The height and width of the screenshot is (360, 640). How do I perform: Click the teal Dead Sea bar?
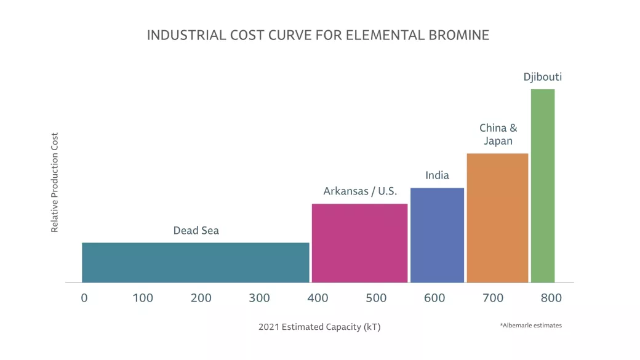tap(195, 262)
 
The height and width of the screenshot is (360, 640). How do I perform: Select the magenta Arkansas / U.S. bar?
tap(359, 243)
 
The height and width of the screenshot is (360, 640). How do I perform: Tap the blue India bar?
tap(437, 235)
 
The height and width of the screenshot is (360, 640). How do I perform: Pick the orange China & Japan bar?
tap(497, 218)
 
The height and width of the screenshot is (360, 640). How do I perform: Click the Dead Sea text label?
tap(196, 231)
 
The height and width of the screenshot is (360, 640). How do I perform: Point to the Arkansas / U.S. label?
tap(360, 191)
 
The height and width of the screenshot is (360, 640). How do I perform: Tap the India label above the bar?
tap(437, 176)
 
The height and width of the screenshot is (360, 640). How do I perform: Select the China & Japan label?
tap(498, 134)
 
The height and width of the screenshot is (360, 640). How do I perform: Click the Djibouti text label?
tap(542, 78)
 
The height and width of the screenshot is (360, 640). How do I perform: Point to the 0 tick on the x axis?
tap(84, 298)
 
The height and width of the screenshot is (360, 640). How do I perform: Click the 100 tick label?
tap(143, 298)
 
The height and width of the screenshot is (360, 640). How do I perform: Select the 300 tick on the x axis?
tap(259, 298)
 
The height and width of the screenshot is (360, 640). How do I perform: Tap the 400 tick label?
tap(318, 298)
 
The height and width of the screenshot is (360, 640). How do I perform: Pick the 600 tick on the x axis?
tap(434, 298)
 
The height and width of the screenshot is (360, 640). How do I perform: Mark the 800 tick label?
tap(551, 298)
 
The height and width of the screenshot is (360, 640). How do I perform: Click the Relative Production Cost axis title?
tap(55, 182)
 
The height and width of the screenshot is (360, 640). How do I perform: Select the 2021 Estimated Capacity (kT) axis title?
tap(319, 327)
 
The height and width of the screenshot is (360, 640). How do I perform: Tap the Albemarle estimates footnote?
tap(530, 325)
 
